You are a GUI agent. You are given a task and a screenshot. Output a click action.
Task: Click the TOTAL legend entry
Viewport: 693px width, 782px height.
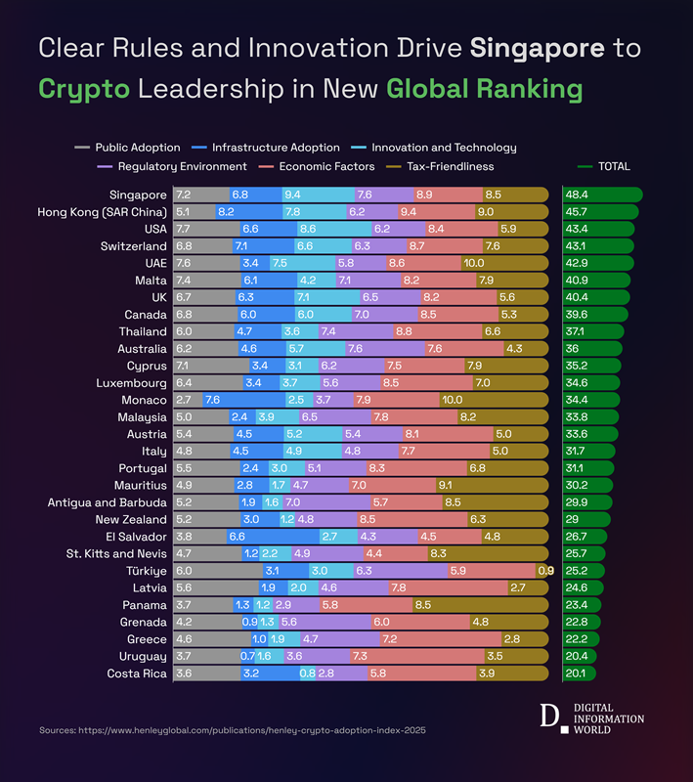click(605, 166)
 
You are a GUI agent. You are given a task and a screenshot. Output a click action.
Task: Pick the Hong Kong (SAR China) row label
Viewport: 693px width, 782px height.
click(102, 212)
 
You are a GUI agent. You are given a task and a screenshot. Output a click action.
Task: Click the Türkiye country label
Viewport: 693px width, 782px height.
click(144, 571)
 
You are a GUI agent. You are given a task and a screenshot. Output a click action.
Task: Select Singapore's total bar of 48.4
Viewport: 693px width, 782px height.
click(602, 195)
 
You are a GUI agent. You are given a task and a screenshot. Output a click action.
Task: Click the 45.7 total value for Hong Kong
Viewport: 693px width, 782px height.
click(579, 212)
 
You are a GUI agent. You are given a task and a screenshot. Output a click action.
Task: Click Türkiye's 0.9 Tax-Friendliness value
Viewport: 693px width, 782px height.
click(545, 571)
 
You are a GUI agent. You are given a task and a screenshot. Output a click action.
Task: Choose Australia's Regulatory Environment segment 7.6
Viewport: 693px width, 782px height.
click(385, 349)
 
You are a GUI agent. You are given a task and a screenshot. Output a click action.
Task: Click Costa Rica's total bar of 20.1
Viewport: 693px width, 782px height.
click(580, 673)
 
